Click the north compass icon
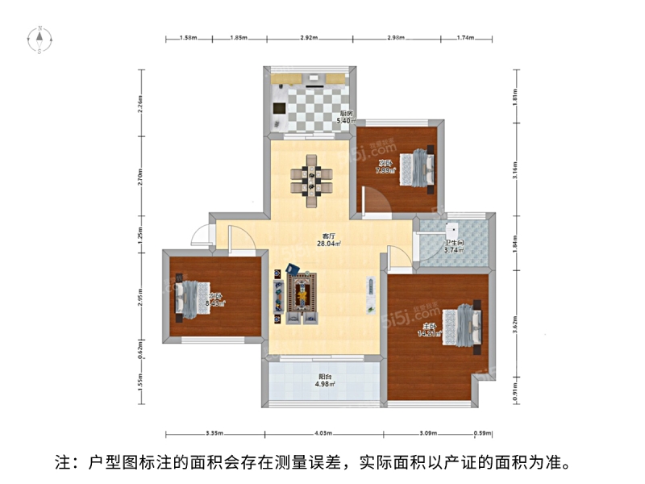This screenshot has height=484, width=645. [x=39, y=38]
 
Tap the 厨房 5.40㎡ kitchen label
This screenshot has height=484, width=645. [x=346, y=118]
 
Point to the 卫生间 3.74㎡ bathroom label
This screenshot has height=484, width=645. [x=456, y=247]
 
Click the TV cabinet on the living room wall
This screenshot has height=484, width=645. [x=370, y=295]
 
